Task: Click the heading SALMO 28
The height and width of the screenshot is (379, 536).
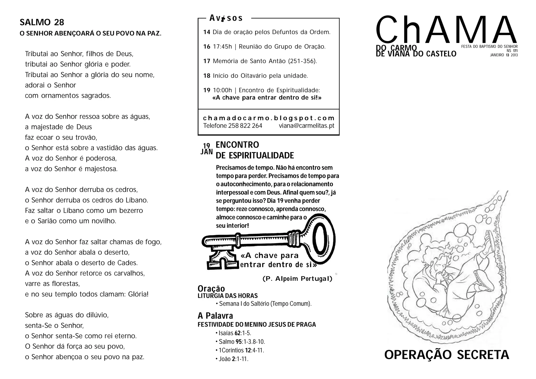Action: [42, 23]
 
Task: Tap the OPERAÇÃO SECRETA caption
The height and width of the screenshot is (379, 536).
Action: [446, 355]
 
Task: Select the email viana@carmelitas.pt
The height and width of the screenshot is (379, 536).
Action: [306, 126]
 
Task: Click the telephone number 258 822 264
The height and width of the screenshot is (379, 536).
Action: [245, 126]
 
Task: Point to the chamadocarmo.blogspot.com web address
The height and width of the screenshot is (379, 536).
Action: [269, 118]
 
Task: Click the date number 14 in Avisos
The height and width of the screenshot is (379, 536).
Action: [207, 32]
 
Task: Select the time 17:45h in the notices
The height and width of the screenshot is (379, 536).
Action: [222, 47]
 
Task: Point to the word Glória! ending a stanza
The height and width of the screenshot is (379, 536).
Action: [138, 294]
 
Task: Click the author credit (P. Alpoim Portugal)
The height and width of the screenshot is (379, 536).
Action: [297, 279]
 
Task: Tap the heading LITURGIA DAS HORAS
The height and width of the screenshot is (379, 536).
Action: [228, 296]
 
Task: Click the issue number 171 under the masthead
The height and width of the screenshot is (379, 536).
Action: [515, 51]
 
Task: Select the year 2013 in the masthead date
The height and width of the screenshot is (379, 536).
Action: [514, 55]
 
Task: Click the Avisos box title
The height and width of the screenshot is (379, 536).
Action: [226, 18]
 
